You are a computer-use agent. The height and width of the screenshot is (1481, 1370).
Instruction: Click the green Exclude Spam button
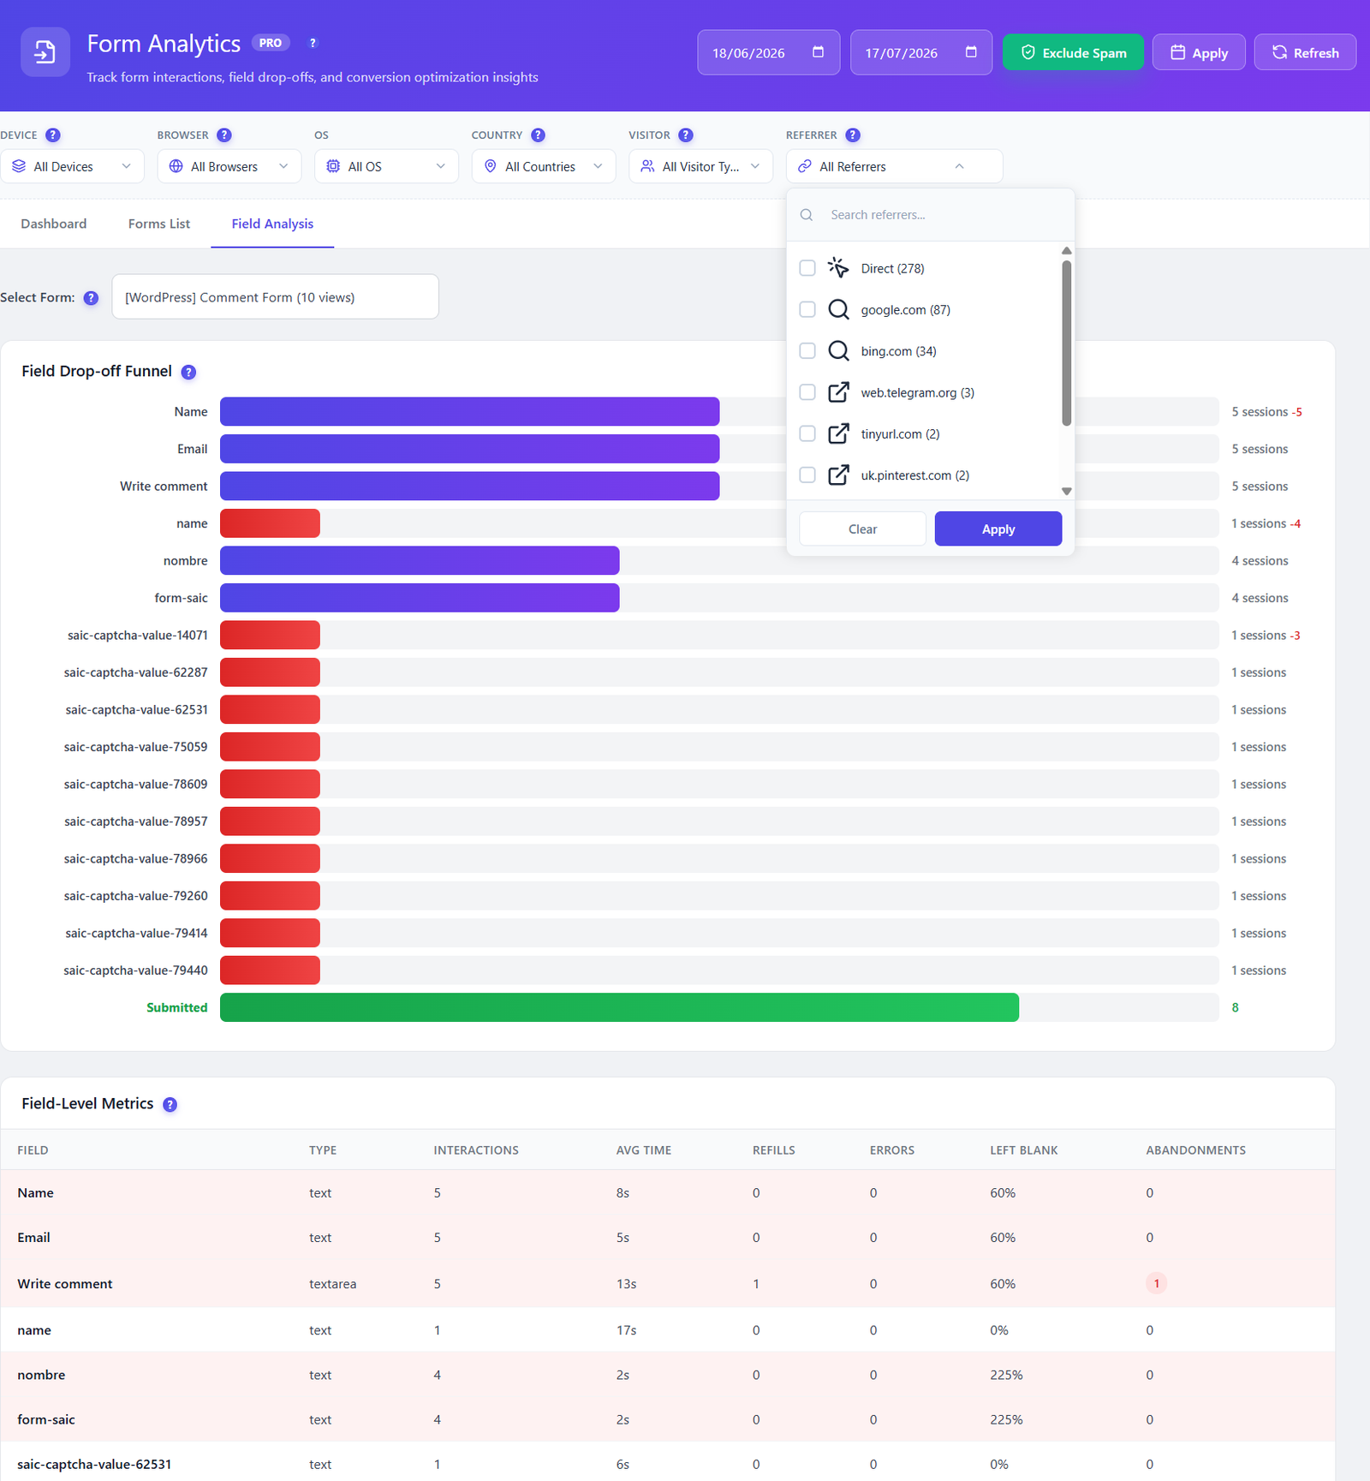click(x=1073, y=52)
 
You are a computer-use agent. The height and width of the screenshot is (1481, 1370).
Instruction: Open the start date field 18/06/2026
click(x=768, y=52)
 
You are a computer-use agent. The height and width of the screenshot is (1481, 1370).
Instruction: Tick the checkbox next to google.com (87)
click(x=807, y=309)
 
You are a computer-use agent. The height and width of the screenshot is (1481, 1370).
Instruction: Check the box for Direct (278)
click(x=807, y=268)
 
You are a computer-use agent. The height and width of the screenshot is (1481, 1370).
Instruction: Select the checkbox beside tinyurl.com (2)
click(x=807, y=433)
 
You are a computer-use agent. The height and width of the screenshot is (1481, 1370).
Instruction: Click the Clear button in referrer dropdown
click(x=862, y=529)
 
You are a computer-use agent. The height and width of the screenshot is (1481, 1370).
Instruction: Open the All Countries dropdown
click(x=544, y=166)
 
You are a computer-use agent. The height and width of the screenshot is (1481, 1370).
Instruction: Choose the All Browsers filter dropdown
click(x=229, y=166)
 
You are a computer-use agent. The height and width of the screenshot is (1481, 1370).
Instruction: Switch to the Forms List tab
click(x=159, y=224)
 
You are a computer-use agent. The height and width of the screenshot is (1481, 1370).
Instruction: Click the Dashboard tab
click(x=54, y=224)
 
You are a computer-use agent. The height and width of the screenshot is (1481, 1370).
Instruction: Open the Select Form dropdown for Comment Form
click(x=275, y=296)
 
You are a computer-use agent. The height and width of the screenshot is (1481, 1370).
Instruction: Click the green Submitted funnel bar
click(x=619, y=1007)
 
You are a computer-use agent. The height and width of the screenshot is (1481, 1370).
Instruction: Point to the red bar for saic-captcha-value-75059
click(x=270, y=747)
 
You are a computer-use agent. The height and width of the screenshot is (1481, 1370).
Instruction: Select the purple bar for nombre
click(x=420, y=560)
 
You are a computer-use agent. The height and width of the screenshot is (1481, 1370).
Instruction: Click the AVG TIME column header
click(x=644, y=1150)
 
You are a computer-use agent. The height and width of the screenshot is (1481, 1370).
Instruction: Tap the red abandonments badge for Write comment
click(x=1156, y=1283)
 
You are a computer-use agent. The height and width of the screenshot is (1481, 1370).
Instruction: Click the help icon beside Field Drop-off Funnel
click(x=188, y=372)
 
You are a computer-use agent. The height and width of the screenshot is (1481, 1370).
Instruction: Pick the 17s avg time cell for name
click(x=626, y=1330)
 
